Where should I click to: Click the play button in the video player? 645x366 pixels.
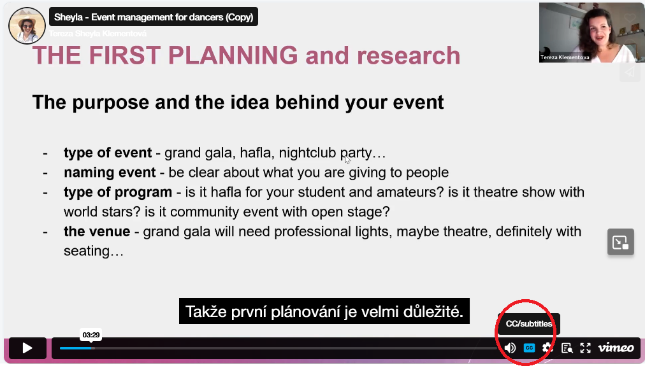coord(27,348)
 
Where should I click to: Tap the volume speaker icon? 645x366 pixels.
coord(510,348)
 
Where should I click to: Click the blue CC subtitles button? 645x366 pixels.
coord(529,348)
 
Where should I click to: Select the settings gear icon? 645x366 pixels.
coord(547,348)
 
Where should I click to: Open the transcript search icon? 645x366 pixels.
coord(567,348)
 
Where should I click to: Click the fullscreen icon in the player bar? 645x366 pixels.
coord(585,348)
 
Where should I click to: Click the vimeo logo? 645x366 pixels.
coord(616,348)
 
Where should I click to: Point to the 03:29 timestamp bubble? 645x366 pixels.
coord(91,335)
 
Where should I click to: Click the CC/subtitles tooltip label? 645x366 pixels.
coord(528,324)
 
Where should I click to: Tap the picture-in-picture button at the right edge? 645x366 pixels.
coord(620,243)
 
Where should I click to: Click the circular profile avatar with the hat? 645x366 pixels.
coord(27,25)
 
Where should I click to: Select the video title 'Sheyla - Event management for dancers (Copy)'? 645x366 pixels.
coord(154,17)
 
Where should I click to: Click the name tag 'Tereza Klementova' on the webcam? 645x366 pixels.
coord(565,57)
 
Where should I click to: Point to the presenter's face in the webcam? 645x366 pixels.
coord(598,31)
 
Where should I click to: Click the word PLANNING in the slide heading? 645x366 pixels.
coord(233,55)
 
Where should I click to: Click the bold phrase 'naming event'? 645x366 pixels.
coord(110,172)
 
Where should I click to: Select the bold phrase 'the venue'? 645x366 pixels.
coord(97,231)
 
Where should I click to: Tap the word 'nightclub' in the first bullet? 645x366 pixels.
coord(307,153)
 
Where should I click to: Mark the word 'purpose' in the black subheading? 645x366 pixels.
coord(111,102)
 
